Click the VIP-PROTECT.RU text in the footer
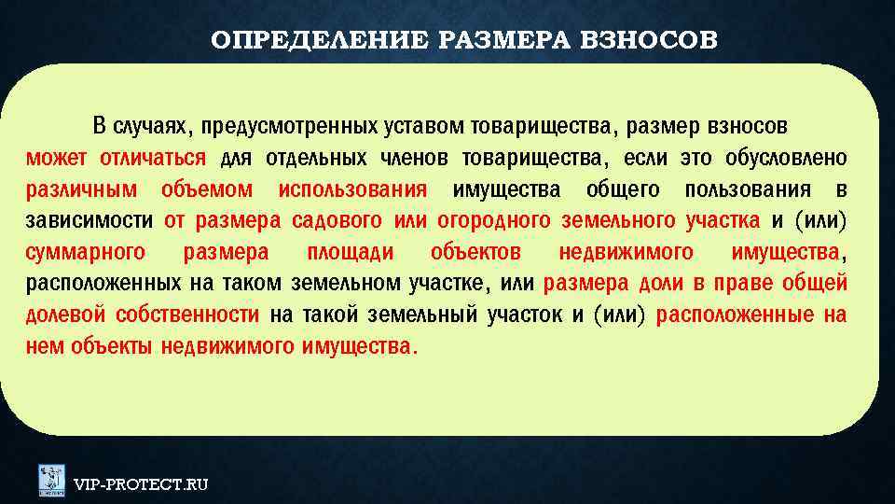[x=141, y=483]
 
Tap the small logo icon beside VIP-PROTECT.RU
[x=51, y=480]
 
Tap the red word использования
[x=352, y=189]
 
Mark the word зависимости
[x=89, y=221]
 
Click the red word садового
[x=325, y=221]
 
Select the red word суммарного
[x=85, y=253]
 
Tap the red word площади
[x=350, y=253]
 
